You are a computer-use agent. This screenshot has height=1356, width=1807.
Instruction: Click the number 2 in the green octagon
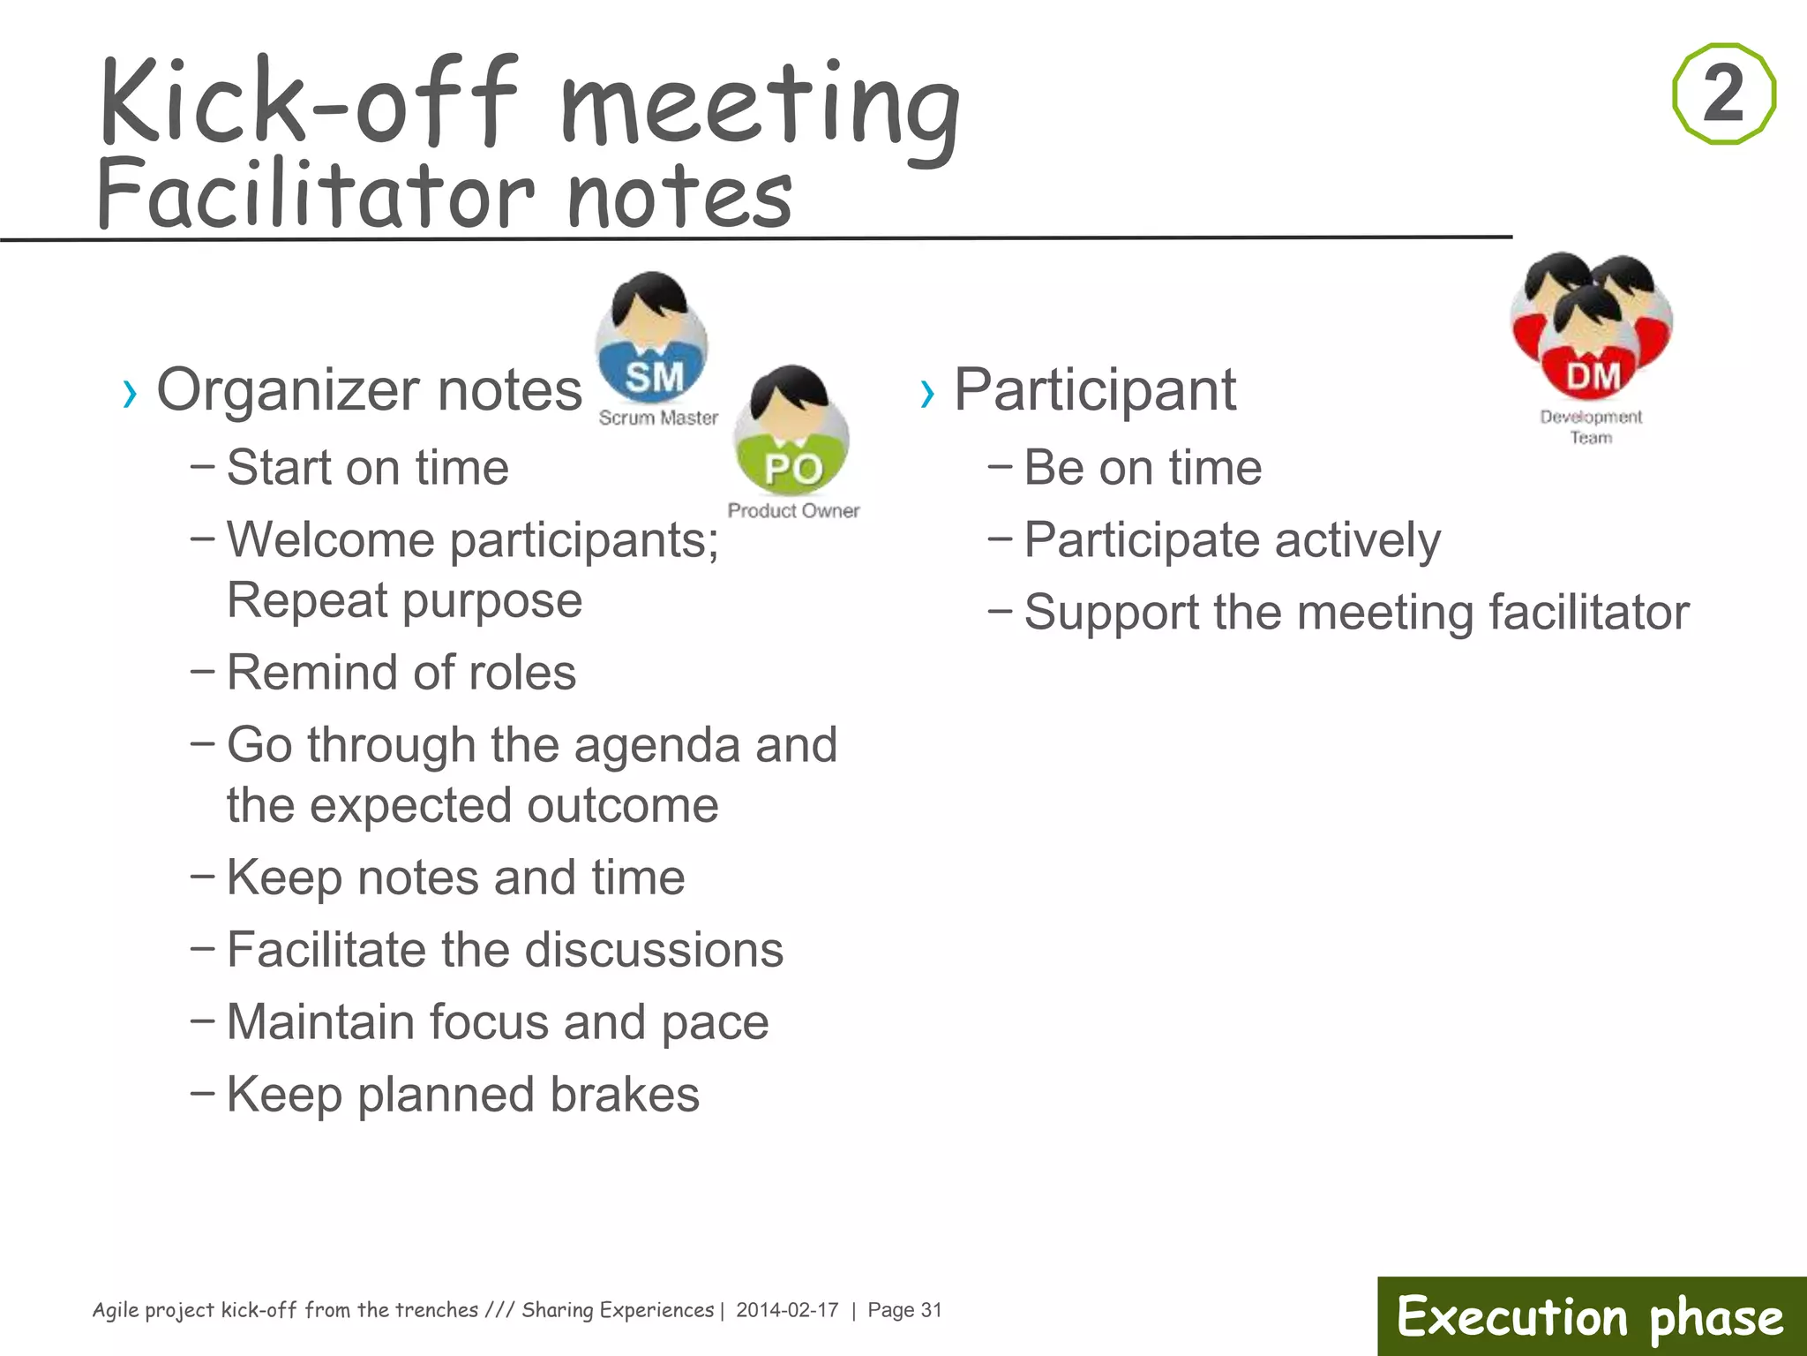point(1723,93)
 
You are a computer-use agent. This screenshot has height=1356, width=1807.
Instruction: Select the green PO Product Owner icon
point(791,433)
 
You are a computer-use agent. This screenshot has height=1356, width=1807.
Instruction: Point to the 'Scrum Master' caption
point(658,418)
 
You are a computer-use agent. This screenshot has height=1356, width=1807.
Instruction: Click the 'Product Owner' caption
point(793,510)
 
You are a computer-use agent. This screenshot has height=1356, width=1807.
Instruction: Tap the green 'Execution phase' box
point(1591,1316)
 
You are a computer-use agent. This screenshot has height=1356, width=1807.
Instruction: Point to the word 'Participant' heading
point(1095,389)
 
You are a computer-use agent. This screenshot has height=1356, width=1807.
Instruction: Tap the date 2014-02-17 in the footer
point(787,1310)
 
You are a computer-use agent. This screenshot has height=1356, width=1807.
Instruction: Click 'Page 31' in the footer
point(904,1310)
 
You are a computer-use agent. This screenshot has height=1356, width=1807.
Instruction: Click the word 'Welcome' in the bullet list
point(330,539)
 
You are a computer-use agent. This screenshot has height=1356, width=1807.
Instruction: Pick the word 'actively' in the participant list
point(1357,540)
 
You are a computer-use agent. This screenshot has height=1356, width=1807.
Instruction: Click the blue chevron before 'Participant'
point(926,394)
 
